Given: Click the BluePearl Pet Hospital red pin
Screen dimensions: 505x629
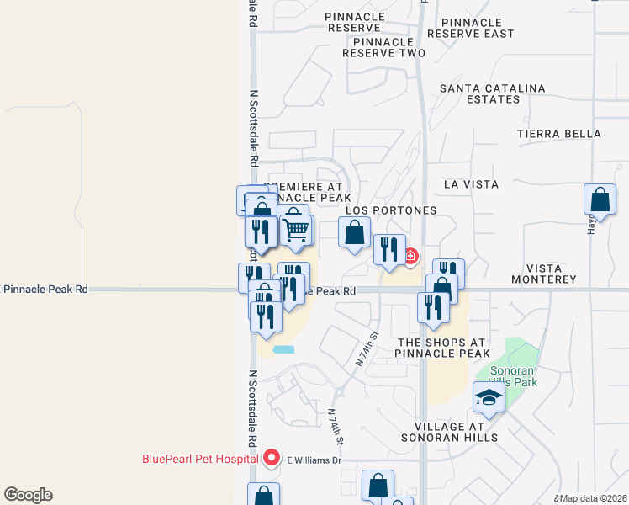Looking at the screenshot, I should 272,458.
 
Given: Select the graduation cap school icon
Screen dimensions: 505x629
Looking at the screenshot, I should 488,397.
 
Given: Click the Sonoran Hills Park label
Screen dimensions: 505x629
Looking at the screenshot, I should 506,375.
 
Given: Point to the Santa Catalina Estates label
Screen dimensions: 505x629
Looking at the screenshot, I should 492,93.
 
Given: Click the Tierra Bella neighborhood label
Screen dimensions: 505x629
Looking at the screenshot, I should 559,134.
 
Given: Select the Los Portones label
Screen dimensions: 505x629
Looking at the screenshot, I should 391,210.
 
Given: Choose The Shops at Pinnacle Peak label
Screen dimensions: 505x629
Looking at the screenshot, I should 442,348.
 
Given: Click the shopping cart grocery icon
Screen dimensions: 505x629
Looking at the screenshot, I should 296,229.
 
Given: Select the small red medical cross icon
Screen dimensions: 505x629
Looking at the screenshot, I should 411,256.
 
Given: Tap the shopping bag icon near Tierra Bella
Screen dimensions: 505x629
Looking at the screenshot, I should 600,200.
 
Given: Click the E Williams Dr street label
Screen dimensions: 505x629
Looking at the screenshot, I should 314,460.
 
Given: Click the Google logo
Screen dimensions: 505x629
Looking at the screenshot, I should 28,495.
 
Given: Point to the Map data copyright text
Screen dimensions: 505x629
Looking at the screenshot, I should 589,497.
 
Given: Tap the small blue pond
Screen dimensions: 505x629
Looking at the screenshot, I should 284,348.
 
